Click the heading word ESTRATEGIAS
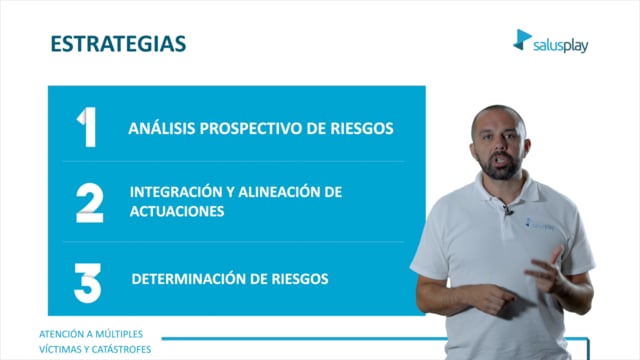pyautogui.click(x=118, y=44)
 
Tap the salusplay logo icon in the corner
pyautogui.click(x=522, y=40)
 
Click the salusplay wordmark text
pyautogui.click(x=561, y=46)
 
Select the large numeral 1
pyautogui.click(x=87, y=127)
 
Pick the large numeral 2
pyautogui.click(x=90, y=203)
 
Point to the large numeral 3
pyautogui.click(x=87, y=283)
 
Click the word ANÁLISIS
pyautogui.click(x=162, y=128)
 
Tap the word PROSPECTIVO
pyautogui.click(x=251, y=129)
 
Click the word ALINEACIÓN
pyautogui.click(x=277, y=192)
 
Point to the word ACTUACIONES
pyautogui.click(x=177, y=211)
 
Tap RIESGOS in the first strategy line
pyautogui.click(x=362, y=129)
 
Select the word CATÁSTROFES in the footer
pyautogui.click(x=121, y=349)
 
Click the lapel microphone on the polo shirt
pyautogui.click(x=507, y=210)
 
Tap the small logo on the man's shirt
pyautogui.click(x=540, y=224)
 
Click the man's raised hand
pyautogui.click(x=547, y=271)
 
